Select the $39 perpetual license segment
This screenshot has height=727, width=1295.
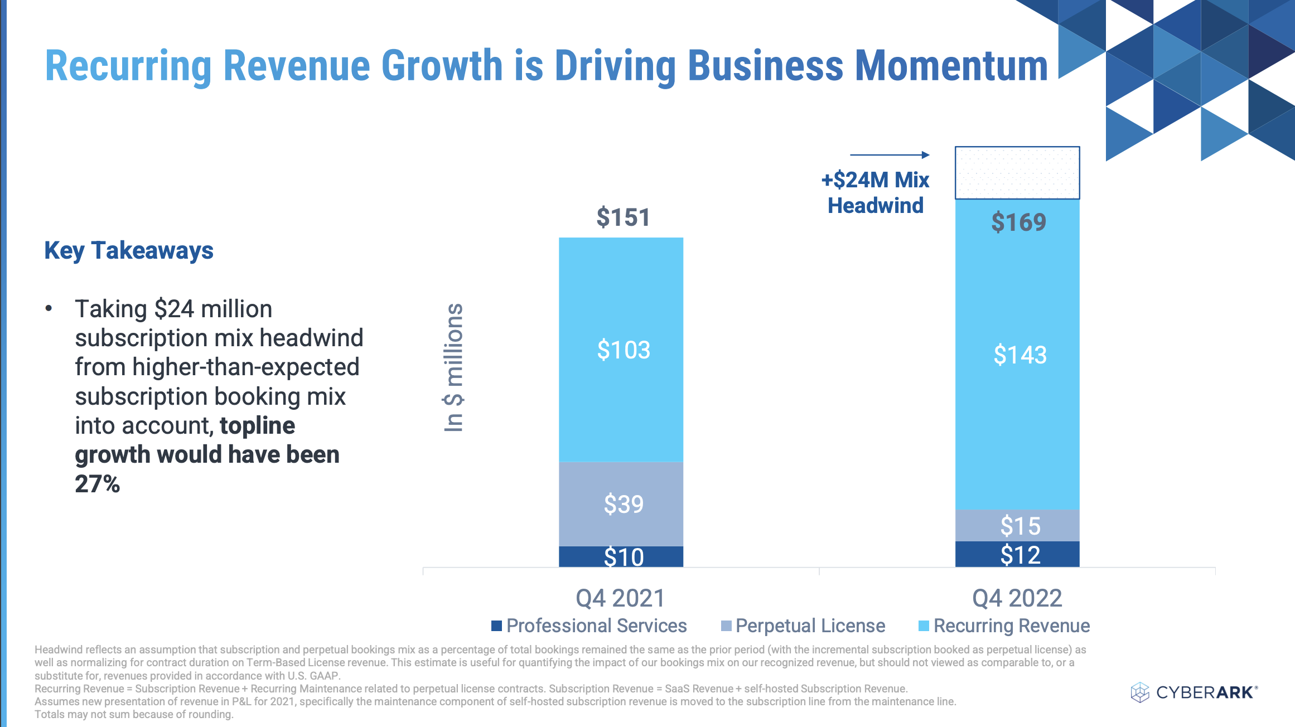(621, 503)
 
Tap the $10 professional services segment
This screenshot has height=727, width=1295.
(621, 556)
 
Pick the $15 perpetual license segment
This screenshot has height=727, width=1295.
(1017, 525)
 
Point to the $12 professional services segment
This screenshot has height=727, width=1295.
(1017, 555)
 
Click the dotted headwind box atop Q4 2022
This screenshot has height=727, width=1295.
(1017, 173)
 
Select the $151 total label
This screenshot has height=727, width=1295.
(623, 217)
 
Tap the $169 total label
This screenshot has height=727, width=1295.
(1018, 222)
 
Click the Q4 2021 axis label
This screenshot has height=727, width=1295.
(620, 598)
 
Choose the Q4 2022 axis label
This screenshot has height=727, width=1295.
(1017, 598)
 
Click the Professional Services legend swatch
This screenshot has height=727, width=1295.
(496, 626)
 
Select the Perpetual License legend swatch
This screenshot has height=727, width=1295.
(726, 626)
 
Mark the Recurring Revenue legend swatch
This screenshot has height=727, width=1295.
(924, 626)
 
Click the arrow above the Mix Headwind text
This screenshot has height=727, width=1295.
(890, 155)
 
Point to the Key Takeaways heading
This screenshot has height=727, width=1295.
(129, 250)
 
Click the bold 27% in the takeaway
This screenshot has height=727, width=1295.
(98, 484)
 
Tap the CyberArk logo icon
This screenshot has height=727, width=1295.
(1140, 692)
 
